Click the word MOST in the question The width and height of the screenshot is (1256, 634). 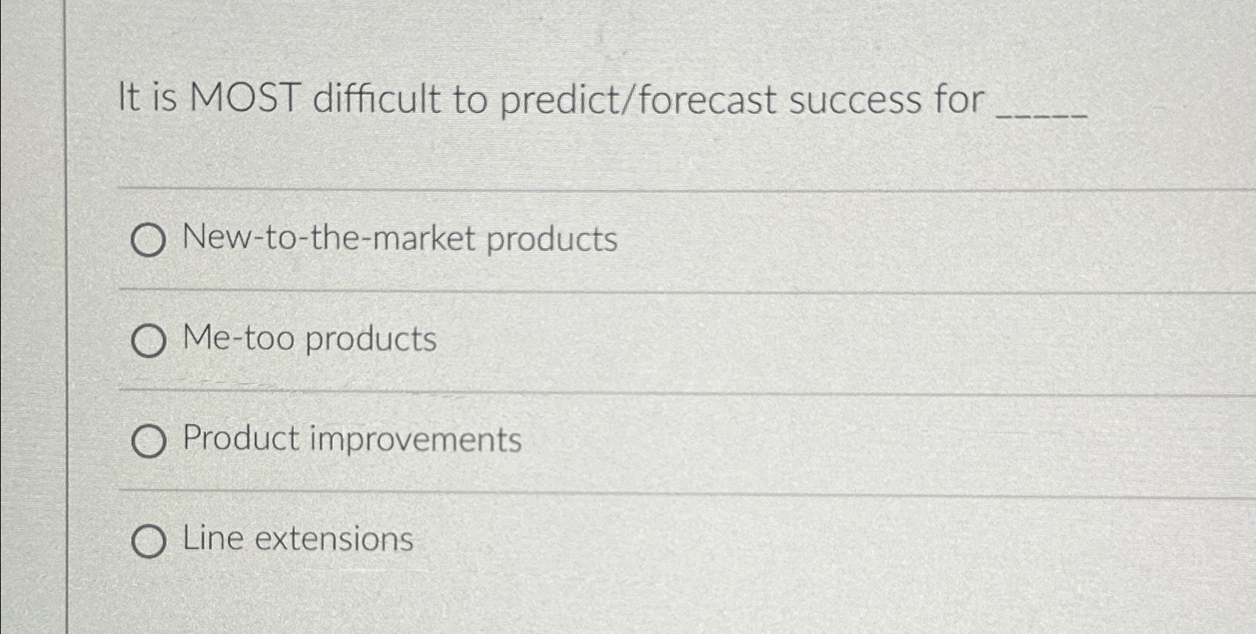point(244,98)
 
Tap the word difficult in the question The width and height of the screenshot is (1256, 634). point(376,98)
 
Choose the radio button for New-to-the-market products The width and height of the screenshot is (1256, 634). point(148,241)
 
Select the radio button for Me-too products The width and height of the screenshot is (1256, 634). point(148,341)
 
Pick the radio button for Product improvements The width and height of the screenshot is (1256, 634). point(148,441)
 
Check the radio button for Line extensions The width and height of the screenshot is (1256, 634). point(148,541)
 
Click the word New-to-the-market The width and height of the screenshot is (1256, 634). point(329,238)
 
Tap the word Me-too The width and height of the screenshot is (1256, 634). point(239,338)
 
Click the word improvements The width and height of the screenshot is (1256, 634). point(415,439)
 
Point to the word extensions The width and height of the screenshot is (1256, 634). point(334,539)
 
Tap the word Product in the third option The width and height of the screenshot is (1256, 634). point(241,438)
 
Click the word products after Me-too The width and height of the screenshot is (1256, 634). point(370,340)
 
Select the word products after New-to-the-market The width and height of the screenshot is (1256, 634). point(552,240)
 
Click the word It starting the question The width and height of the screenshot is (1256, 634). point(129,98)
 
